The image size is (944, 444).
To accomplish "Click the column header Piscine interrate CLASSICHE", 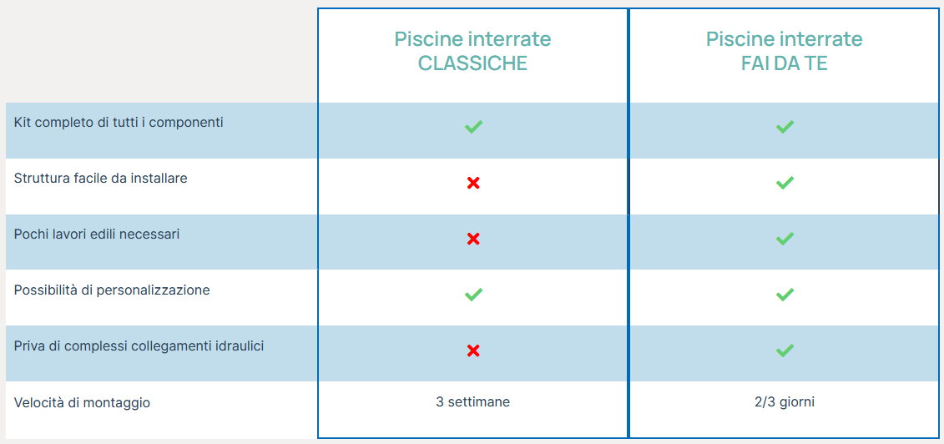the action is coord(472,51).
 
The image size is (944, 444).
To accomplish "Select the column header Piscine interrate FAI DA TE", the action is coord(784,51).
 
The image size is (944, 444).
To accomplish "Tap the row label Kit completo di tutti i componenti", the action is coord(119,123).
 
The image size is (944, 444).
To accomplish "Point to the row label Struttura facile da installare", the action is coord(100,179).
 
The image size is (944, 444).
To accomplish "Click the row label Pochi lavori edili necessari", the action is coord(96,235).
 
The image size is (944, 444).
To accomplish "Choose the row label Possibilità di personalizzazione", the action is coord(112,290).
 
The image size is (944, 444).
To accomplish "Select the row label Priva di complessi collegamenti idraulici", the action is coord(139,346).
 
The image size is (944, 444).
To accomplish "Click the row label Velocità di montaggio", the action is coord(82,402).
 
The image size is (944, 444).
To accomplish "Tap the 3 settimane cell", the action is coord(472,402).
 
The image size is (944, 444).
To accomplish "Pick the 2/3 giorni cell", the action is coord(784,402).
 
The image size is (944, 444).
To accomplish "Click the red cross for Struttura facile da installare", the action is coord(473,183).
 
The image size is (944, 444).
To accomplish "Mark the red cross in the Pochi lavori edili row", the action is coord(473,239).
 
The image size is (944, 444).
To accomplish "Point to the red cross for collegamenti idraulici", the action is coord(473,351).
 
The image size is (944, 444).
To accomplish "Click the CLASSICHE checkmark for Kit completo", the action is coord(473,127).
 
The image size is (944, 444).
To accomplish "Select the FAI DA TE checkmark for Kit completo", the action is coord(785,127).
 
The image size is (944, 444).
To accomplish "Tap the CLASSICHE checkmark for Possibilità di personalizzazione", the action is coord(473,295).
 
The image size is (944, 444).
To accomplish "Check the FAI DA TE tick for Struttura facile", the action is coord(785,183).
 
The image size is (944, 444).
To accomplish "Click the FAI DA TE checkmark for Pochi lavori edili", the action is coord(785,239).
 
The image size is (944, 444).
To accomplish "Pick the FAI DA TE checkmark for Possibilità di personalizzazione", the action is coord(785,295).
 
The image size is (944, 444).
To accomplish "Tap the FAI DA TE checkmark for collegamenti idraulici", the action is coord(785,351).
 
